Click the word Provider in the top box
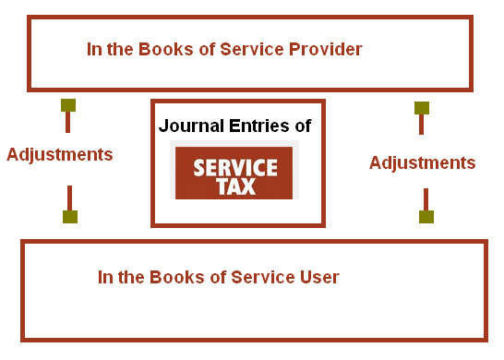[323, 50]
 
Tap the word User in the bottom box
[319, 277]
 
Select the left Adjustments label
[60, 154]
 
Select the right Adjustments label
[422, 163]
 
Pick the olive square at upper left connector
[67, 104]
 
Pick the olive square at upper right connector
[421, 107]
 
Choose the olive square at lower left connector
[69, 217]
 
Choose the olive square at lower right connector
[426, 217]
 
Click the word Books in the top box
[166, 50]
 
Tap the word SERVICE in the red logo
[234, 166]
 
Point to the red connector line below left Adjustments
[69, 198]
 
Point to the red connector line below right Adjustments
[426, 199]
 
